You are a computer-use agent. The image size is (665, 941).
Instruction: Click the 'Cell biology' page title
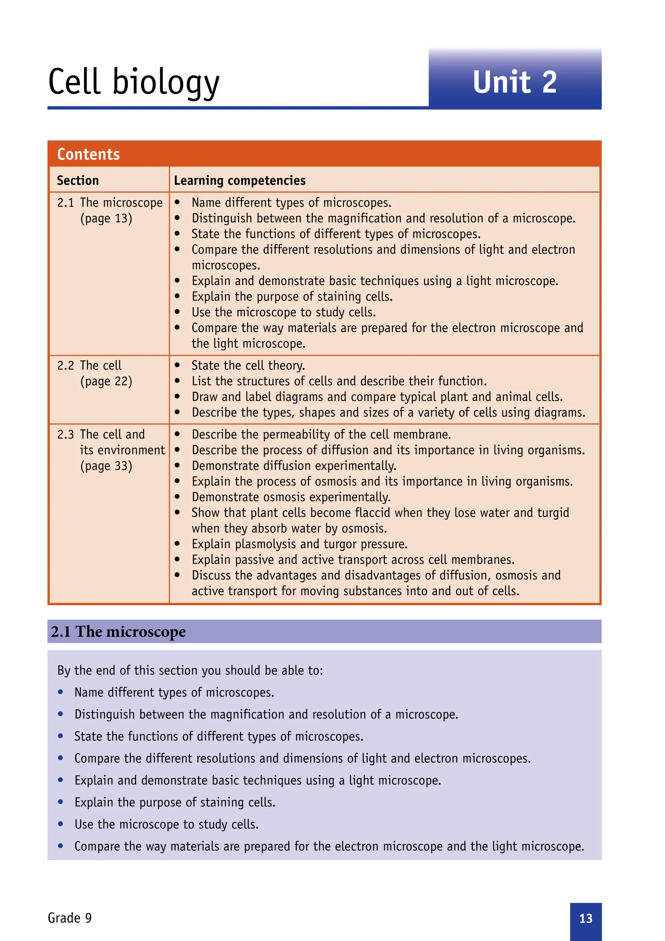(x=134, y=82)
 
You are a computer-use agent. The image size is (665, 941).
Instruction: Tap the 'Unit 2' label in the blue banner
(x=515, y=82)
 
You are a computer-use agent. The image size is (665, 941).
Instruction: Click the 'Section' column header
(x=78, y=181)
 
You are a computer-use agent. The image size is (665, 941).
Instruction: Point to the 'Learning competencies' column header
(x=240, y=181)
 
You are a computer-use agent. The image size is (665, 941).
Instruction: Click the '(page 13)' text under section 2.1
(x=106, y=218)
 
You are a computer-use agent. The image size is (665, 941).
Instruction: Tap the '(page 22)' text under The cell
(x=106, y=381)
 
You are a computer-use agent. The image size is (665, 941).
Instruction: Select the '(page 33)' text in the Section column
(x=106, y=466)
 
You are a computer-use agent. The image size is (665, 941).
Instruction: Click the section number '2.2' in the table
(x=66, y=366)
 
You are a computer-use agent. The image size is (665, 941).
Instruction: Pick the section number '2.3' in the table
(x=66, y=434)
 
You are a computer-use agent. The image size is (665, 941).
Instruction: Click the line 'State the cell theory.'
(x=248, y=366)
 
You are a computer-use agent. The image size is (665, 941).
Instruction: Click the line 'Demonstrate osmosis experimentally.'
(x=291, y=497)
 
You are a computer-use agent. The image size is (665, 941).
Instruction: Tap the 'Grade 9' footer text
(x=69, y=918)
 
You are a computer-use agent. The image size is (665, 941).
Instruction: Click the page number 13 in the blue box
(x=585, y=919)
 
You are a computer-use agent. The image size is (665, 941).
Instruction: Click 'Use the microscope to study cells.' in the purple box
(x=166, y=824)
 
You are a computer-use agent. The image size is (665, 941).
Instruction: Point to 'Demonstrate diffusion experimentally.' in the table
(x=294, y=466)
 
